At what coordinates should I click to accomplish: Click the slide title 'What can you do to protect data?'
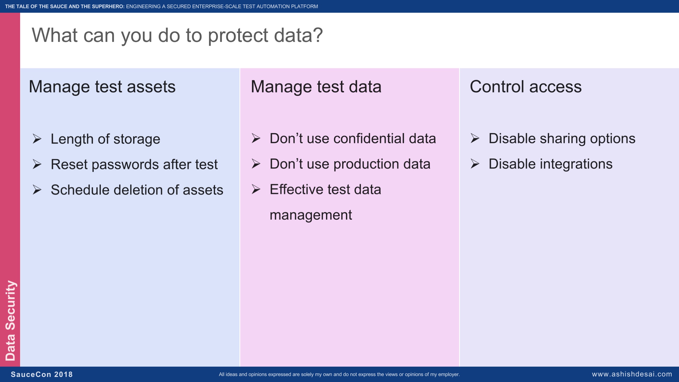[177, 35]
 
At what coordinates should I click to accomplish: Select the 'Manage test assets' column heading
[102, 87]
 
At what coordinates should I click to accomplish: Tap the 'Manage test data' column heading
[316, 87]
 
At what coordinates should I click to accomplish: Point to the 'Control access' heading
[526, 87]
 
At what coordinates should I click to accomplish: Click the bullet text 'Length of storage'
[105, 139]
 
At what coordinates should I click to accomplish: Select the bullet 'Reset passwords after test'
[134, 164]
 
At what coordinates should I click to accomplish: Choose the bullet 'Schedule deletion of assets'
[137, 190]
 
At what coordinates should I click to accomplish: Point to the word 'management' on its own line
[311, 215]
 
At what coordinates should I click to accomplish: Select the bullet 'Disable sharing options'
[562, 139]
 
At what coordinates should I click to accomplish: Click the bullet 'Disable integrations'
[550, 164]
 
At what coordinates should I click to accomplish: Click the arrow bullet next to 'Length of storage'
[37, 139]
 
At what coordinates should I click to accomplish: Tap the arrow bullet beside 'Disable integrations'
[475, 164]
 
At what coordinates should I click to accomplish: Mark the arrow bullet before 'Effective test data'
[256, 189]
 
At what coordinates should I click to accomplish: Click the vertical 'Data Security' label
[11, 321]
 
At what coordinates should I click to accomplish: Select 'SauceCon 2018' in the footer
[42, 374]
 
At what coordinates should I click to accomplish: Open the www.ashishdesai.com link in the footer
[632, 374]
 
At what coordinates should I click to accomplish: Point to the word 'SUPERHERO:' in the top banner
[108, 6]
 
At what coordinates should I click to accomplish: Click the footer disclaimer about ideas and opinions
[339, 374]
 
